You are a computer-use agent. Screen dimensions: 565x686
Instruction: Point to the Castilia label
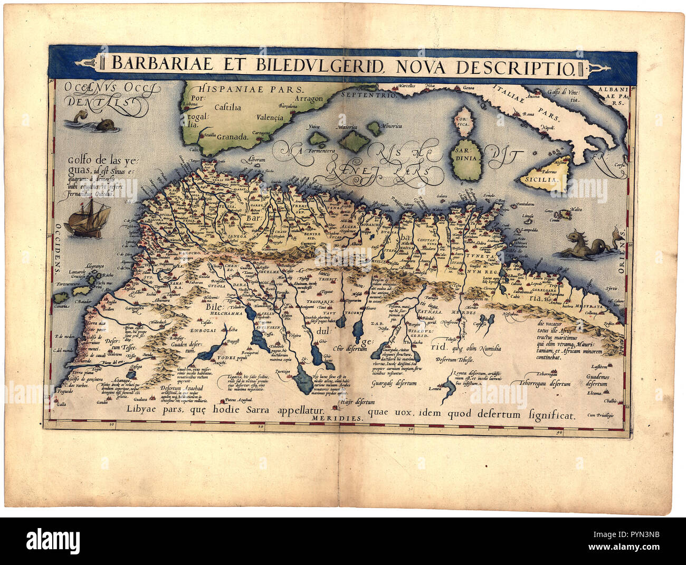point(228,107)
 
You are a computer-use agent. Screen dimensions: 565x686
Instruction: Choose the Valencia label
point(270,117)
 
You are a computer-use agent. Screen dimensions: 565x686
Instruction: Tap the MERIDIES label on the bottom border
point(346,418)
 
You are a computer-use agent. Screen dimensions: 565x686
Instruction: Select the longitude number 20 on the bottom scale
point(261,426)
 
